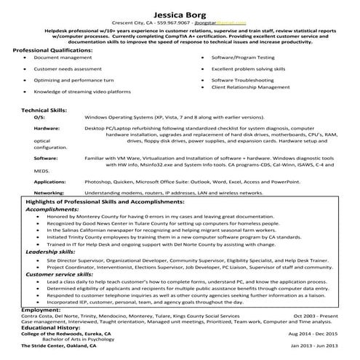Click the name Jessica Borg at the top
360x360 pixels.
pos(180,13)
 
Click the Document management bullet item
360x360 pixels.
pos(58,57)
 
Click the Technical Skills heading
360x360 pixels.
pos(44,109)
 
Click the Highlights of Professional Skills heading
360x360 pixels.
pos(107,201)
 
